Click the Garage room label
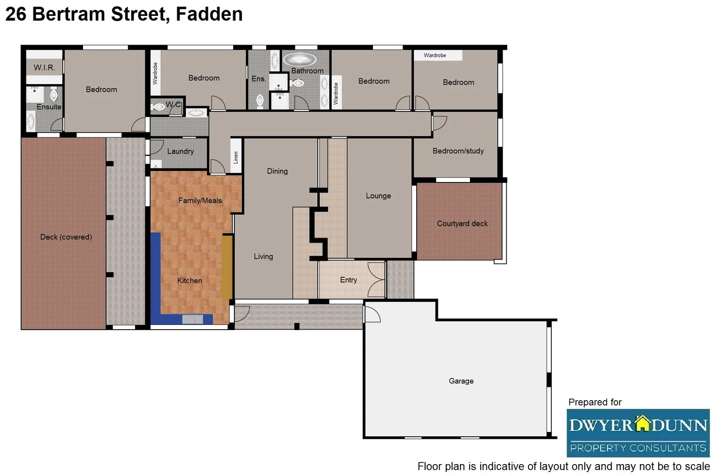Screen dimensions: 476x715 point(461,381)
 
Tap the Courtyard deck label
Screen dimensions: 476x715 point(462,223)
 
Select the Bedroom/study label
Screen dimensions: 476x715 point(458,151)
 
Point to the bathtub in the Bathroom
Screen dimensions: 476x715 point(300,59)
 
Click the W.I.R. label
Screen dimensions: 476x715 point(44,67)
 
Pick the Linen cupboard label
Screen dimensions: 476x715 point(236,157)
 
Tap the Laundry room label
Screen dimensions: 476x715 point(180,151)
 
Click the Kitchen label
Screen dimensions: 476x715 point(189,280)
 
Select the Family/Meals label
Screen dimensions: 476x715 point(200,201)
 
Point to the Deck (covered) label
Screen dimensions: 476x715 point(66,237)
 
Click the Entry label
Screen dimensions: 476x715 point(348,280)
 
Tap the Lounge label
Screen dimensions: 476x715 point(378,196)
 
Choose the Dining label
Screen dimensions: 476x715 point(277,171)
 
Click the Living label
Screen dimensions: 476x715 point(263,256)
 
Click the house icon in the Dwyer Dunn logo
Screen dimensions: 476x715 point(642,423)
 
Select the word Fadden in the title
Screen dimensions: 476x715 point(209,14)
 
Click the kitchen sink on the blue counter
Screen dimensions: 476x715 point(192,319)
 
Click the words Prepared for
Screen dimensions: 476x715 point(595,402)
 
